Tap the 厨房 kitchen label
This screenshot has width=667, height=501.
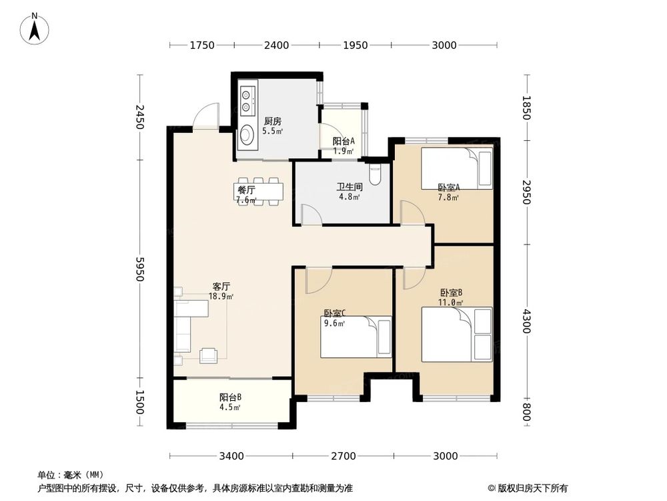tap(272, 122)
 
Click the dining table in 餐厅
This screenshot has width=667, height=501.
tap(257, 190)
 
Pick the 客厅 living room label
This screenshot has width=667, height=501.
tap(221, 286)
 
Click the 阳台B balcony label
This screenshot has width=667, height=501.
tap(230, 397)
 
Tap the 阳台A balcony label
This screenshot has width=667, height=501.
tap(344, 142)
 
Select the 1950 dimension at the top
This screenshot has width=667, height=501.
tap(355, 45)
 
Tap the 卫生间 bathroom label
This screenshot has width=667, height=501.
tap(349, 188)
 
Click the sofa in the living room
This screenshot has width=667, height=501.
tap(183, 326)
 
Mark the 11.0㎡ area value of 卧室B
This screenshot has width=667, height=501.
tap(451, 303)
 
